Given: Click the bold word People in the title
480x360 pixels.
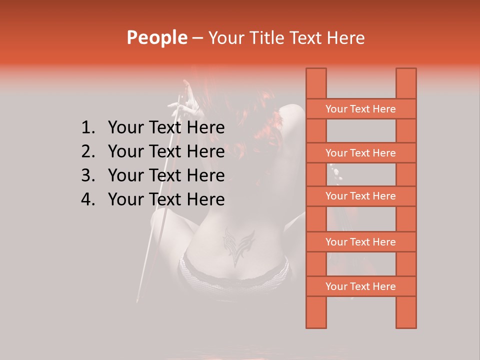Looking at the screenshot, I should tap(157, 37).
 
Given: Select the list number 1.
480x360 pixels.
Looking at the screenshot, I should tap(87, 128).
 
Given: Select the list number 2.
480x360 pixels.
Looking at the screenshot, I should tap(87, 151).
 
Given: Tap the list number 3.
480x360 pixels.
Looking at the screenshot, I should tap(87, 175).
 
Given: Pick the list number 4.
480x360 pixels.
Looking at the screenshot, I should tap(87, 199).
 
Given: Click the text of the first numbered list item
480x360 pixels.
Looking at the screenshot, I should tap(166, 128).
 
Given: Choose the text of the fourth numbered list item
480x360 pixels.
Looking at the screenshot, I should tap(166, 199).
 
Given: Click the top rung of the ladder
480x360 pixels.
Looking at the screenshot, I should tap(360, 109).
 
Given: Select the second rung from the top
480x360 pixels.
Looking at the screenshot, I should tap(360, 153).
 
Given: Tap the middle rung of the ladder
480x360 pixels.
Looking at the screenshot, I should tap(360, 196).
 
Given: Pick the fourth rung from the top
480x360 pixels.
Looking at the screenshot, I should tap(360, 242).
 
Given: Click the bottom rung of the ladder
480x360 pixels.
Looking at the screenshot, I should tap(360, 286).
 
